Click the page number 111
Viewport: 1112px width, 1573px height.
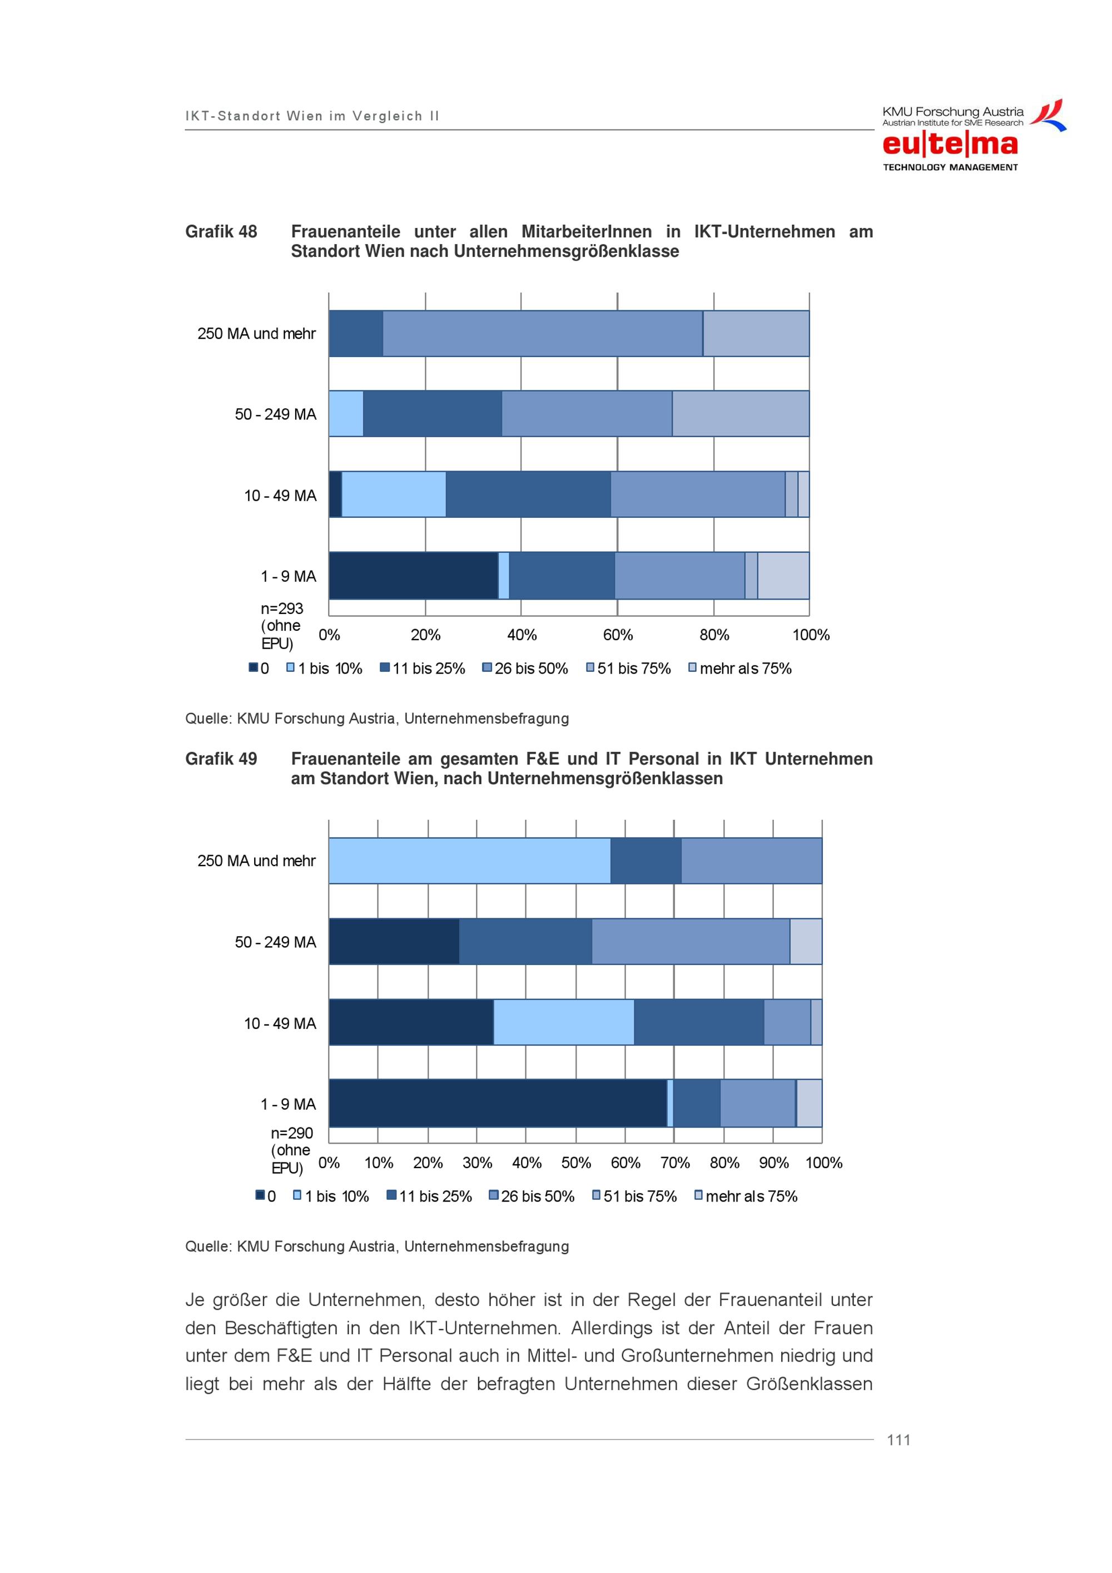point(898,1440)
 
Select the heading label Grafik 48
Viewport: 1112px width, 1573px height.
point(221,231)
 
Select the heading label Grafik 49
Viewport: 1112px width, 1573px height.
point(221,759)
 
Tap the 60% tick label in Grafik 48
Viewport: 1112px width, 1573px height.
point(618,635)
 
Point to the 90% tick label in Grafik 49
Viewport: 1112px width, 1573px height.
point(774,1163)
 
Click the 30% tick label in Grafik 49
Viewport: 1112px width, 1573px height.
point(477,1163)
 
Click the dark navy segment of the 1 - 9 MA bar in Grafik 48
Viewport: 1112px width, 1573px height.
point(414,576)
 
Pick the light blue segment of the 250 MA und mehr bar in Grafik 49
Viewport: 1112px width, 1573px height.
point(470,860)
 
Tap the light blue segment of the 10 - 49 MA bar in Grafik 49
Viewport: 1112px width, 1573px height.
point(564,1022)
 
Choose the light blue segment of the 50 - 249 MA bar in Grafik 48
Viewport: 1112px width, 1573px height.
point(346,413)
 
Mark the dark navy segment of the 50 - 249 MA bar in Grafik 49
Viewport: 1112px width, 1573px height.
point(394,941)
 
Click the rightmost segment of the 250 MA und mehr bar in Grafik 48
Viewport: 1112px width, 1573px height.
point(756,334)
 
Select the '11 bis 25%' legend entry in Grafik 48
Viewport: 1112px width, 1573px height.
point(423,668)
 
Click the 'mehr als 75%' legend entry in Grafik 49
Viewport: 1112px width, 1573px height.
point(746,1196)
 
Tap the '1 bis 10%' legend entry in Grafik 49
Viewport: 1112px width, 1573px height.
point(331,1196)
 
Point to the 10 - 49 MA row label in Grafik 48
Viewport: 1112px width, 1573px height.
point(280,496)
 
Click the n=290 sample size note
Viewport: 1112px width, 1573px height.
point(292,1150)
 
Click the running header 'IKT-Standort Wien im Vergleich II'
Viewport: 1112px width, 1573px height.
point(312,116)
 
